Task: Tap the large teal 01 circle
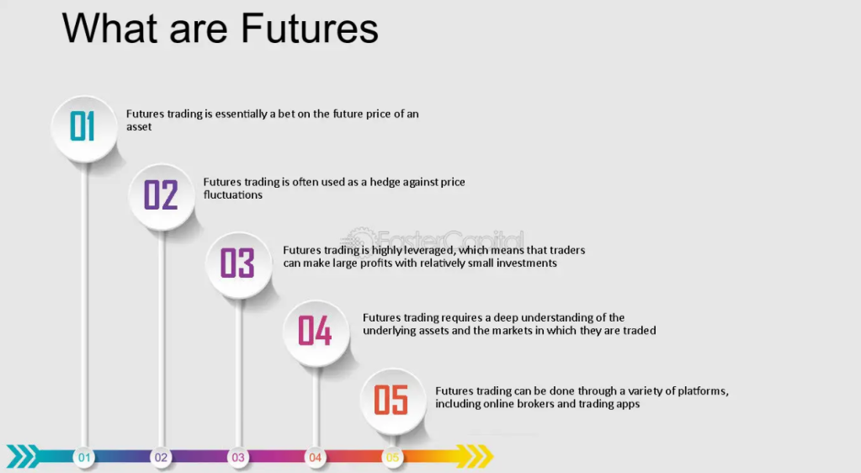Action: pos(84,128)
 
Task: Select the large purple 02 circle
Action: pos(161,195)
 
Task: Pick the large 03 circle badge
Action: pos(238,263)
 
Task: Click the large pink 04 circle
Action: pos(315,332)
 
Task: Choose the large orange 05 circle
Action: pos(392,400)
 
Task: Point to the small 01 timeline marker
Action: pos(84,458)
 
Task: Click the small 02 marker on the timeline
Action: pos(161,458)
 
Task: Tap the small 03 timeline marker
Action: pos(238,458)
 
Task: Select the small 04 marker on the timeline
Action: pos(315,458)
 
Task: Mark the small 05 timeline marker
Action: pos(392,458)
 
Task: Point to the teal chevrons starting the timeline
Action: pos(23,457)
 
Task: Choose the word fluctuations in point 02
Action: pos(233,194)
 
